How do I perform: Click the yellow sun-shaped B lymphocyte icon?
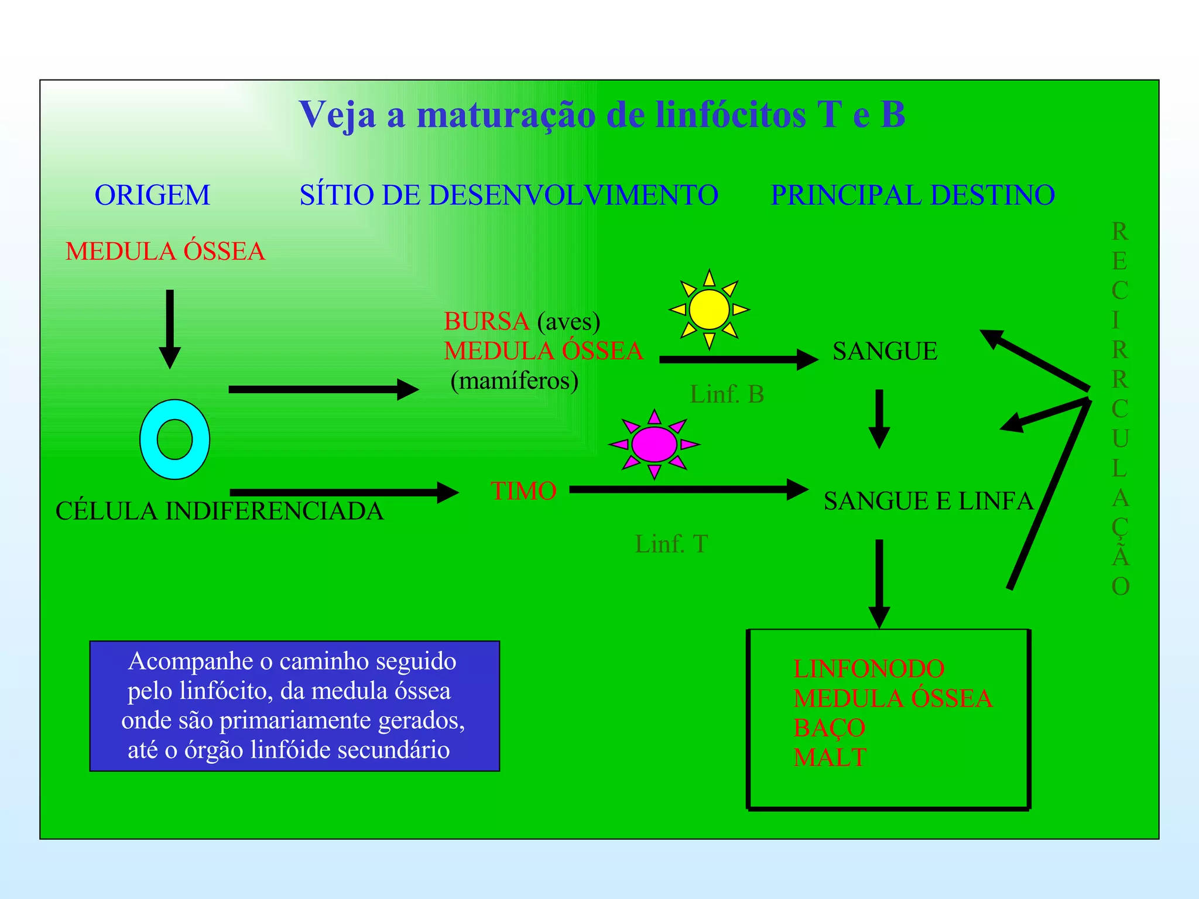(709, 309)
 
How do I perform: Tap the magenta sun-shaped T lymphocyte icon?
(654, 444)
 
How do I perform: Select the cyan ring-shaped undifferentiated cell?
(174, 440)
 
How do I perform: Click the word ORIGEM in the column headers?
(152, 195)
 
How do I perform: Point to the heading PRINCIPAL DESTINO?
(913, 195)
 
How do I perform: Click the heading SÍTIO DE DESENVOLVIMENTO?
(509, 195)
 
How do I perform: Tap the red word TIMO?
(523, 490)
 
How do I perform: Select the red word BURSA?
(487, 321)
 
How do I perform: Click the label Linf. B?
(727, 394)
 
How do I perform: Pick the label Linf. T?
(672, 544)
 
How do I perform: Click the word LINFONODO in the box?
(869, 668)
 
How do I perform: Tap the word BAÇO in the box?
(829, 728)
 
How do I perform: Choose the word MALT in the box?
(830, 757)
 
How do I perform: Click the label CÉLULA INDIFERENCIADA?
(220, 511)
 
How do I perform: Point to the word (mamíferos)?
(515, 381)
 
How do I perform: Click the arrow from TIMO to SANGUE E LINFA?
(688, 489)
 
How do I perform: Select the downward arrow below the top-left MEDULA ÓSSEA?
(170, 328)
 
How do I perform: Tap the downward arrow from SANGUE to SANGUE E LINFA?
(879, 418)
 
